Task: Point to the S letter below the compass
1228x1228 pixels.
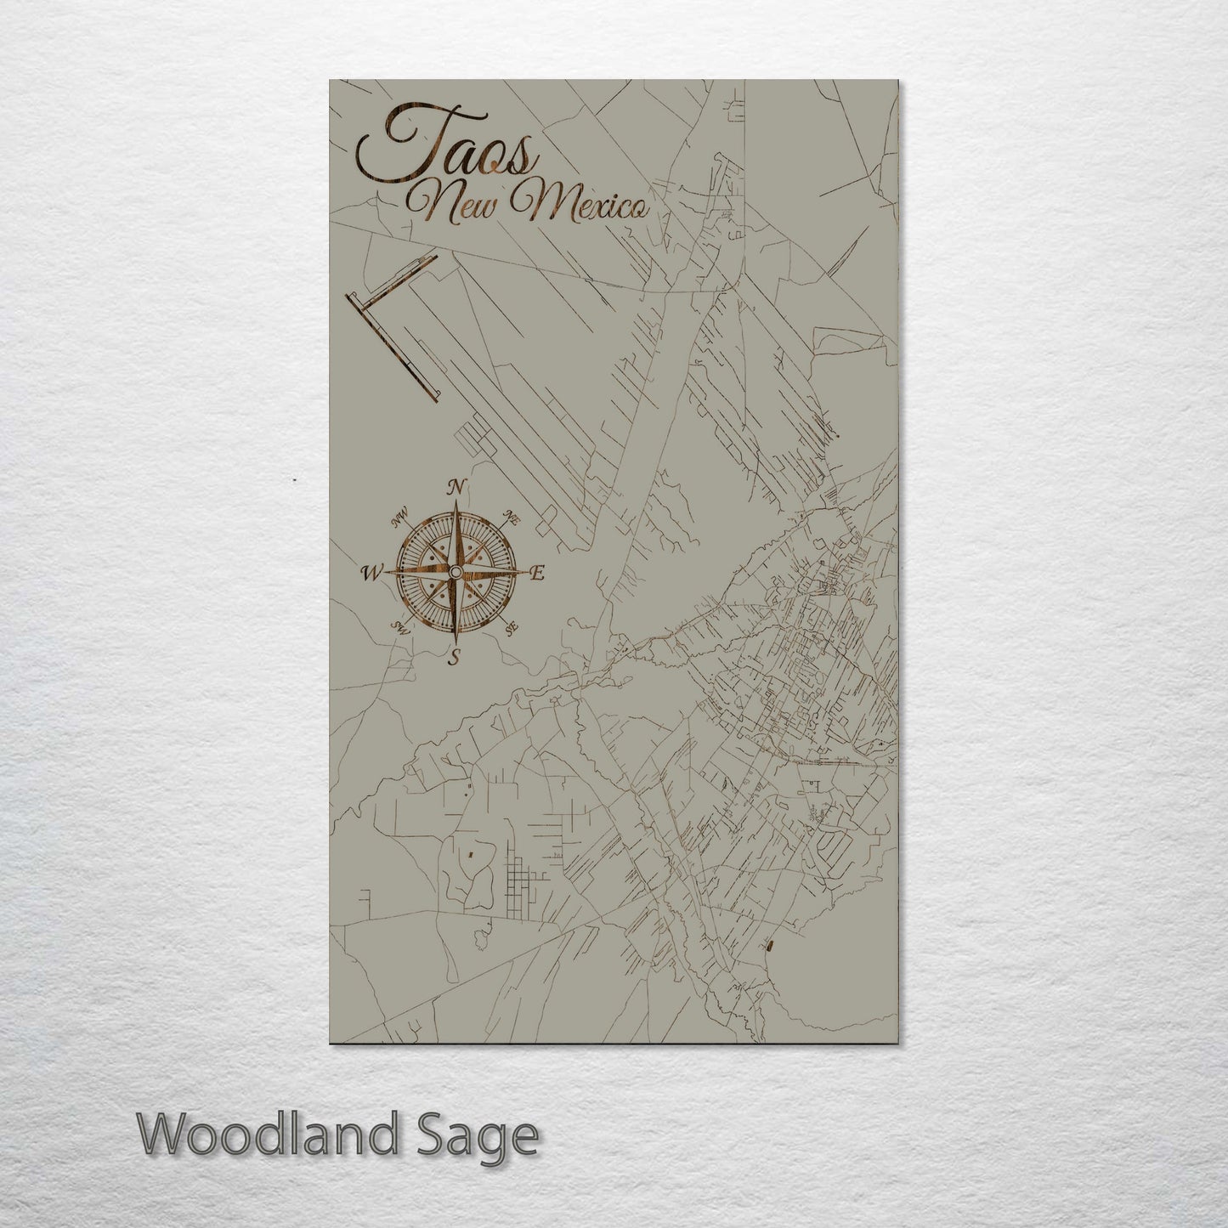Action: [455, 656]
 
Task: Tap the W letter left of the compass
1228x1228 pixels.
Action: [371, 573]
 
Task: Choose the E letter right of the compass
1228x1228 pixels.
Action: [535, 574]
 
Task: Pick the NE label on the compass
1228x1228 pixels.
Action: [512, 517]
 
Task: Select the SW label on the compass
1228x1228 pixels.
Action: [399, 628]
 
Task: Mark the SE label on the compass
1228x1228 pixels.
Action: [511, 628]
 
